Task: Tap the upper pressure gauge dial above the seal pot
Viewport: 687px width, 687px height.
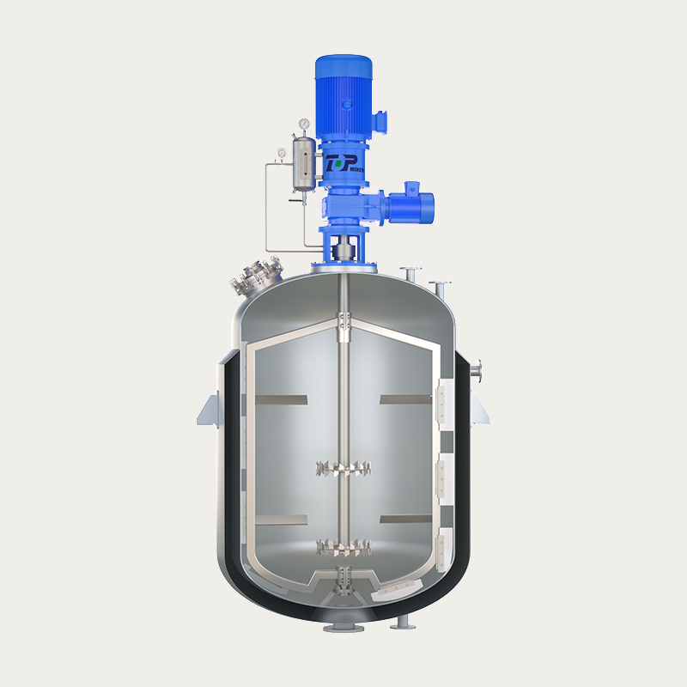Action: tap(305, 125)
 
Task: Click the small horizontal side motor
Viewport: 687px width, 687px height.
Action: tap(410, 204)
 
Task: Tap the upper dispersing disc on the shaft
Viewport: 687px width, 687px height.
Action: tap(343, 469)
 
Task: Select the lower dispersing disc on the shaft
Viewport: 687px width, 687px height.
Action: tap(343, 546)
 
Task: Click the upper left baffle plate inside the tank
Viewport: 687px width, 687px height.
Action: tap(281, 399)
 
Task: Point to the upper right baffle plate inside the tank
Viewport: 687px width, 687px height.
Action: tap(405, 399)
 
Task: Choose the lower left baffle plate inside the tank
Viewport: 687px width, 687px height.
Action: tap(281, 520)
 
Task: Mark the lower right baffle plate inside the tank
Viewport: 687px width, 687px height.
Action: tap(405, 520)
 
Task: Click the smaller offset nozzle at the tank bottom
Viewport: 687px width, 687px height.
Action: tap(401, 624)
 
